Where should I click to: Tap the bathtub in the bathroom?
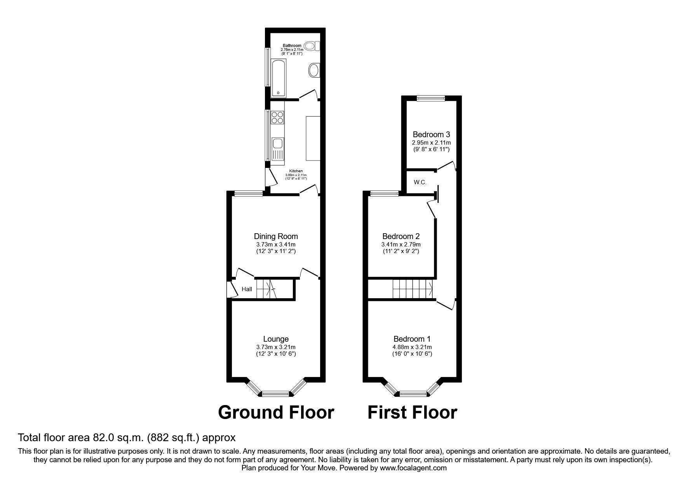point(277,78)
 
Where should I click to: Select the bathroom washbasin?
point(314,71)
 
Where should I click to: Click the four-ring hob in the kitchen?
point(278,117)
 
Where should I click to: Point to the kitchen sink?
point(278,144)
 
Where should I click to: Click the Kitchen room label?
point(296,171)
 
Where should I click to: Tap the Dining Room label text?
point(276,236)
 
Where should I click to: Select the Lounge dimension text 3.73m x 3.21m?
point(276,347)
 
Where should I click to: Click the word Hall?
point(247,289)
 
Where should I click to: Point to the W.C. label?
point(420,182)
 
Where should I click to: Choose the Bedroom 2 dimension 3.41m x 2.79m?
point(401,244)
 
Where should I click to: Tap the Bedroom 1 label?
point(412,339)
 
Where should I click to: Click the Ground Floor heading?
point(276,412)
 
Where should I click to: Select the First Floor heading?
point(412,412)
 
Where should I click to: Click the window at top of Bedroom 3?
point(431,99)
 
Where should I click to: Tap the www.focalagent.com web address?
point(413,468)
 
